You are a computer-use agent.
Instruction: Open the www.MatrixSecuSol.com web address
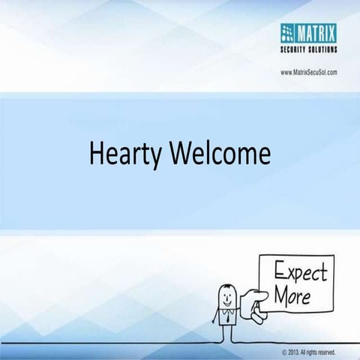click(308, 72)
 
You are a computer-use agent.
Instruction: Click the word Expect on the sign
click(298, 270)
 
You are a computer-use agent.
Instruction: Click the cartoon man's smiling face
click(225, 295)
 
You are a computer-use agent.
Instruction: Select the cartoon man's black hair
click(225, 286)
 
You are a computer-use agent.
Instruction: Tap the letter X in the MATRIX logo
click(332, 30)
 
